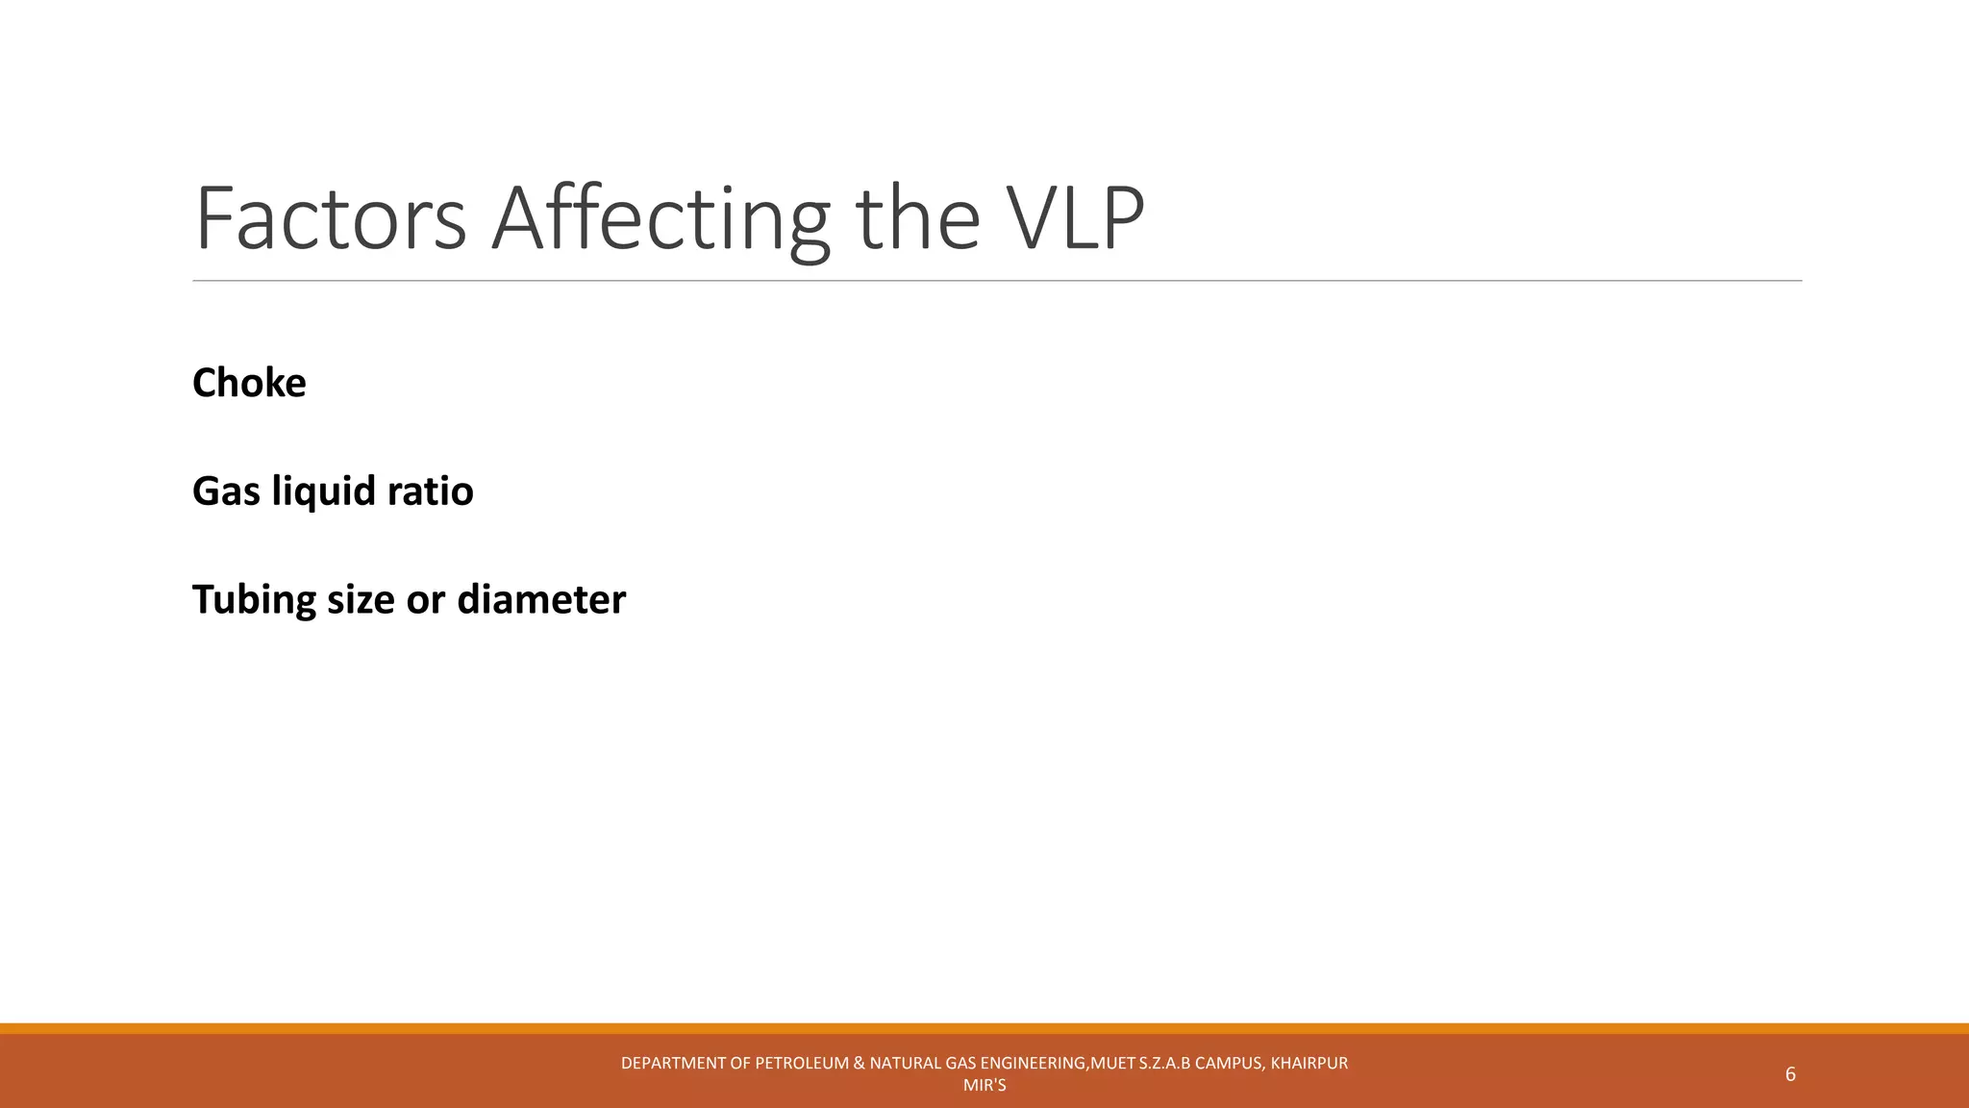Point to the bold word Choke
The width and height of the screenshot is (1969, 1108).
249,383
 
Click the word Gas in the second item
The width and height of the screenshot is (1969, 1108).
226,491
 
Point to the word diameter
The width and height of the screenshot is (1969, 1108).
541,600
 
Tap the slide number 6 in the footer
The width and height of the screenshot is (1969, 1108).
1790,1074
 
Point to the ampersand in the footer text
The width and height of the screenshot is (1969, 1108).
859,1063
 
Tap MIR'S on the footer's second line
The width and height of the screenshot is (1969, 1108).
984,1086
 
